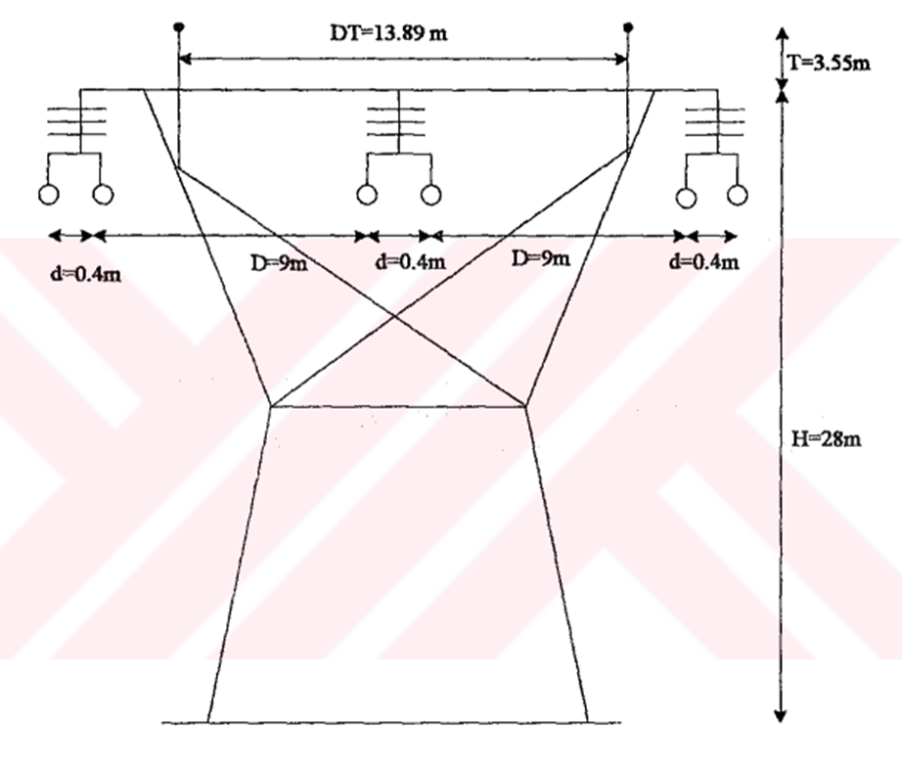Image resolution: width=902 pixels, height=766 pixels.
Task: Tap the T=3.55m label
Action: tap(829, 65)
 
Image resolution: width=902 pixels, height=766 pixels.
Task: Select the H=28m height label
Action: tap(825, 438)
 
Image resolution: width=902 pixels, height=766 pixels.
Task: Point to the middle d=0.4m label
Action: tap(411, 262)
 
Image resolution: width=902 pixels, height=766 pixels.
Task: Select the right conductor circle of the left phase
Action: tap(102, 195)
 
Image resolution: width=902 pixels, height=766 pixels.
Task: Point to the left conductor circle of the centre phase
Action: tap(367, 195)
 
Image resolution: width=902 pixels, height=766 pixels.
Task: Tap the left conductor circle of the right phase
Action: tap(687, 196)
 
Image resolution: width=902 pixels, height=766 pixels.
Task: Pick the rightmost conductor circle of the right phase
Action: tap(739, 196)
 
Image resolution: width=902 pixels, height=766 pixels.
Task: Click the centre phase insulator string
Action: tap(398, 121)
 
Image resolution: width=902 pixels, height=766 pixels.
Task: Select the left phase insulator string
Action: tap(78, 121)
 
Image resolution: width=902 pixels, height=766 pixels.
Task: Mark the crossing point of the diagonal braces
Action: tap(395, 315)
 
